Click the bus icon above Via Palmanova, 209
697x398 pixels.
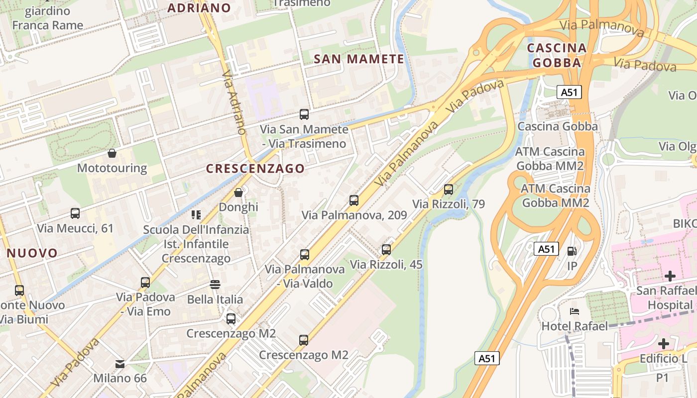[x=353, y=200]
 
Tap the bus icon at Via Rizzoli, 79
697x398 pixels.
[x=448, y=190]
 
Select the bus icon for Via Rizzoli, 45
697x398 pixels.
[x=386, y=250]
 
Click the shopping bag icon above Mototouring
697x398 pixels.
[x=112, y=153]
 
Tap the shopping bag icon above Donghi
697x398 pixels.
[x=238, y=192]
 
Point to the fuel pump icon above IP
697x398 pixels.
[x=572, y=251]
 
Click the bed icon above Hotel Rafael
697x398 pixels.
[x=574, y=311]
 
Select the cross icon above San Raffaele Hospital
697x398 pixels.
[x=670, y=276]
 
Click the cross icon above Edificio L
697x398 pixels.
[x=663, y=343]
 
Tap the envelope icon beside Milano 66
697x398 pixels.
[x=120, y=364]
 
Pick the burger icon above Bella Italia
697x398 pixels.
[x=215, y=285]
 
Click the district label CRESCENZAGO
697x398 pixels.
[x=255, y=169]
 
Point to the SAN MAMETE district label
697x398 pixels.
[x=358, y=59]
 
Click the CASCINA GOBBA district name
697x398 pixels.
[x=557, y=55]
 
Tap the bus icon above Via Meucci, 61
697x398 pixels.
[x=75, y=213]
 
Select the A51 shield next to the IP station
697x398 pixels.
[x=546, y=249]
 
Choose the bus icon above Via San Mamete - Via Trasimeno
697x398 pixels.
[x=304, y=114]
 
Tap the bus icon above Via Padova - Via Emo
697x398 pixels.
[x=145, y=283]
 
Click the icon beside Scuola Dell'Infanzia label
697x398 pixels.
[x=196, y=215]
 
